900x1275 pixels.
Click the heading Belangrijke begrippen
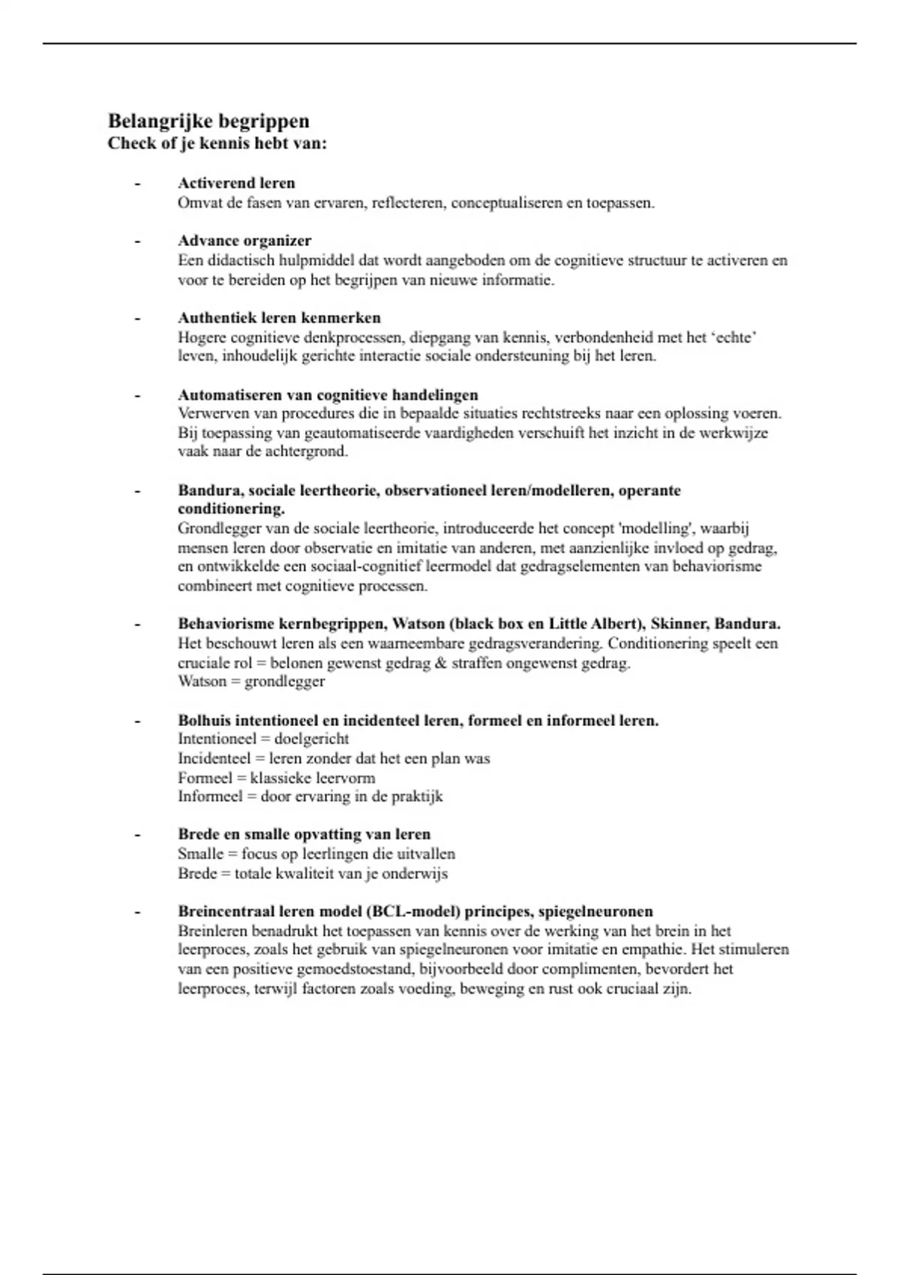pyautogui.click(x=208, y=121)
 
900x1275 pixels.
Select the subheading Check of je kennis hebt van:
pyautogui.click(x=217, y=142)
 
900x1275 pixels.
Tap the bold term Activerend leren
pyautogui.click(x=236, y=183)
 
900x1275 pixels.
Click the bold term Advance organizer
pyautogui.click(x=244, y=241)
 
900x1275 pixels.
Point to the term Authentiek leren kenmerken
pyautogui.click(x=279, y=318)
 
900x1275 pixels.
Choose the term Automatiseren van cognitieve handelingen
pyautogui.click(x=328, y=394)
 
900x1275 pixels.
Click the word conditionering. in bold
pyautogui.click(x=231, y=508)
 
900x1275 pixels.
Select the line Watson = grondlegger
pyautogui.click(x=251, y=682)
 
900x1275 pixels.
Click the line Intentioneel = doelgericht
pyautogui.click(x=263, y=739)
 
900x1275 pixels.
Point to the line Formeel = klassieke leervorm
pyautogui.click(x=276, y=778)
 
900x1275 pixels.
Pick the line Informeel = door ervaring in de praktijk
pyautogui.click(x=310, y=796)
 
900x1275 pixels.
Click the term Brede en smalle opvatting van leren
pyautogui.click(x=304, y=834)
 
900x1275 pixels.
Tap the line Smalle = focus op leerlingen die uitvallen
pyautogui.click(x=316, y=853)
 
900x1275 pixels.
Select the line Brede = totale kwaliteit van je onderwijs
pyautogui.click(x=312, y=873)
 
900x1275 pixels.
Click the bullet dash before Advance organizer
pyautogui.click(x=137, y=241)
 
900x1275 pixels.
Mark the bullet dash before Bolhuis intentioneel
pyautogui.click(x=137, y=721)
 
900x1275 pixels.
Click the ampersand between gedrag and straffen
pyautogui.click(x=440, y=663)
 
